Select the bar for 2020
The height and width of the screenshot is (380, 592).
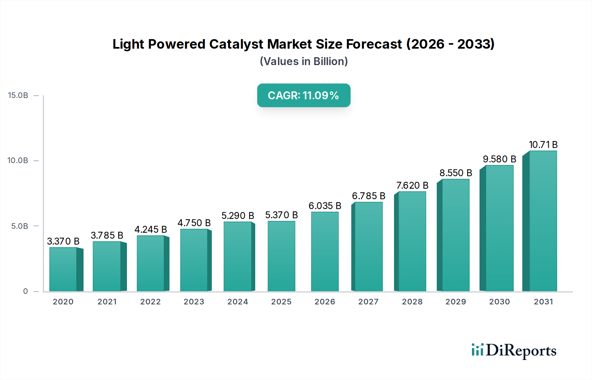click(x=63, y=269)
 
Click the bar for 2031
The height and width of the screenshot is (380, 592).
click(x=543, y=221)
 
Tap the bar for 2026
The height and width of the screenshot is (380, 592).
click(x=325, y=251)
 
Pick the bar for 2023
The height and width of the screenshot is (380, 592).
click(x=194, y=260)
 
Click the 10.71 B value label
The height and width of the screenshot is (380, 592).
click(x=543, y=145)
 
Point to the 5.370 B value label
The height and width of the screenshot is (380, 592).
click(x=282, y=215)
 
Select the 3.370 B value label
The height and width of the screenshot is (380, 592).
click(x=63, y=241)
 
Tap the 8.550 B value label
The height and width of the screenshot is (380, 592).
click(x=456, y=173)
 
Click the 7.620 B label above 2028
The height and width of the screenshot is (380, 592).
click(x=412, y=185)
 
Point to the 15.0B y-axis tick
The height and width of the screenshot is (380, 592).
click(x=18, y=95)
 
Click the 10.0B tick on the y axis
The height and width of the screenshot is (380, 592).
click(x=18, y=160)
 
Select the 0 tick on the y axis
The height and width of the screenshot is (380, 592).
click(x=25, y=291)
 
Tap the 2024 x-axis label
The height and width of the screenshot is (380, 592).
click(x=237, y=302)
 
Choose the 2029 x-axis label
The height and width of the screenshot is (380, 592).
click(x=456, y=302)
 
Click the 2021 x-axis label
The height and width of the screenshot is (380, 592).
click(x=107, y=302)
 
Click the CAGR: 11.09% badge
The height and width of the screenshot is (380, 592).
click(x=304, y=95)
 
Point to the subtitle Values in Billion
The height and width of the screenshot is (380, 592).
click(x=304, y=61)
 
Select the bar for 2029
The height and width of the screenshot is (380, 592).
click(x=456, y=235)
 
